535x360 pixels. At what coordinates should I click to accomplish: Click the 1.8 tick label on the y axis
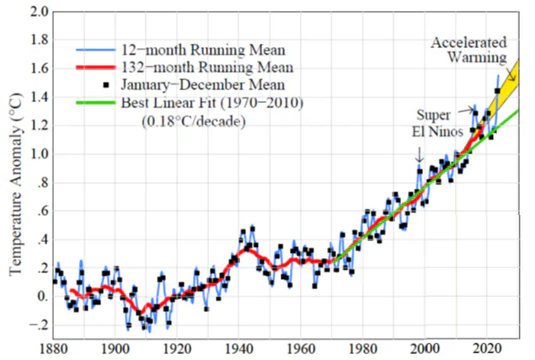[39, 40]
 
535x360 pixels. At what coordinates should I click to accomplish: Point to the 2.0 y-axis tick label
[39, 12]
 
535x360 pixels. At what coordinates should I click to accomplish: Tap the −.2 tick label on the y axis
[39, 325]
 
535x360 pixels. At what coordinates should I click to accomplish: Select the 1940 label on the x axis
[238, 349]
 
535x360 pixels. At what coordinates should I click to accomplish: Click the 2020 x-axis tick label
[487, 349]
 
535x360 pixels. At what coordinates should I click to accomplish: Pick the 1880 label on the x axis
[54, 349]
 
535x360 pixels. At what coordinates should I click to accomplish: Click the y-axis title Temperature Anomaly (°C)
[16, 184]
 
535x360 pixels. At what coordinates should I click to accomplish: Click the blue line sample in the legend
[96, 50]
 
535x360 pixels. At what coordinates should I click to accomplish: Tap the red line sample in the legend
[96, 67]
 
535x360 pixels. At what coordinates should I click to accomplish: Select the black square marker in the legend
[106, 84]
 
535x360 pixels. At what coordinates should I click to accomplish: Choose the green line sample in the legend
[96, 103]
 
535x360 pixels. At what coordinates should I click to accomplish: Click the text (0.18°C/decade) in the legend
[194, 121]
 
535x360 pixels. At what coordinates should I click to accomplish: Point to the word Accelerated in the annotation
[468, 43]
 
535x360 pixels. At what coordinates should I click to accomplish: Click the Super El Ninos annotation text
[438, 123]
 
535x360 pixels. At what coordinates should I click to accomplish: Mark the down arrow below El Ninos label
[420, 154]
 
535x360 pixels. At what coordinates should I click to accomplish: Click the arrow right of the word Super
[466, 110]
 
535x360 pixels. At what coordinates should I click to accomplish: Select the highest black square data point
[497, 91]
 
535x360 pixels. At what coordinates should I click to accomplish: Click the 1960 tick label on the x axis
[301, 349]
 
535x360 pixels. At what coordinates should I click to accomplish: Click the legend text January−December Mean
[203, 84]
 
